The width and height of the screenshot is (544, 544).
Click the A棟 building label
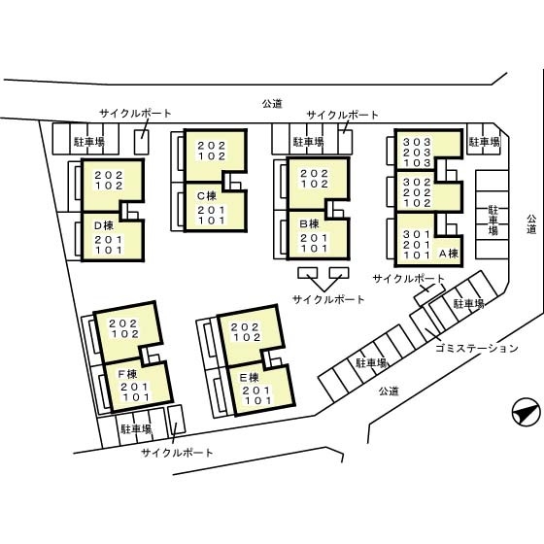pyautogui.click(x=449, y=254)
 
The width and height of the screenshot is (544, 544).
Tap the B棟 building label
pyautogui.click(x=310, y=224)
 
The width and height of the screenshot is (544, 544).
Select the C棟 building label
pyautogui.click(x=207, y=196)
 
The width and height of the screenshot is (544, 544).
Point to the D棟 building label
pyautogui.click(x=104, y=225)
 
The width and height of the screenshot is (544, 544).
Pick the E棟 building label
pyautogui.click(x=250, y=378)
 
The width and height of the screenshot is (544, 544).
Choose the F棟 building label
pyautogui.click(x=127, y=374)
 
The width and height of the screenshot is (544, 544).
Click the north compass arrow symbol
pyautogui.click(x=526, y=412)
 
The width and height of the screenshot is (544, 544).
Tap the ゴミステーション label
pyautogui.click(x=477, y=348)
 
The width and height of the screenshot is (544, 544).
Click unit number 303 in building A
pyautogui.click(x=417, y=142)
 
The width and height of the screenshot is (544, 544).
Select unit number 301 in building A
pyautogui.click(x=417, y=234)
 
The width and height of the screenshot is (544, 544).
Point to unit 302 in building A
pyautogui.click(x=417, y=182)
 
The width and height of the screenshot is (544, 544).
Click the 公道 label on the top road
pyautogui.click(x=272, y=103)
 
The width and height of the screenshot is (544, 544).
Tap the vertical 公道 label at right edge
pyautogui.click(x=531, y=224)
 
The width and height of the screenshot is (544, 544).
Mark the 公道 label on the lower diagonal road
pyautogui.click(x=389, y=391)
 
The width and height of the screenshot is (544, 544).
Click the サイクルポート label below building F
pyautogui.click(x=177, y=453)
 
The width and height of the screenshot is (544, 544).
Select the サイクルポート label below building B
pyautogui.click(x=328, y=299)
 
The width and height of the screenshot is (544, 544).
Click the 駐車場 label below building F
pyautogui.click(x=136, y=429)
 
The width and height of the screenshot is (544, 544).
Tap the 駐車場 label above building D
pyautogui.click(x=89, y=142)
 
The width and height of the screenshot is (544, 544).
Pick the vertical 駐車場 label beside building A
pyautogui.click(x=493, y=220)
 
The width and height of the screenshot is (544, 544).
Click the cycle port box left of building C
pyautogui.click(x=142, y=142)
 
